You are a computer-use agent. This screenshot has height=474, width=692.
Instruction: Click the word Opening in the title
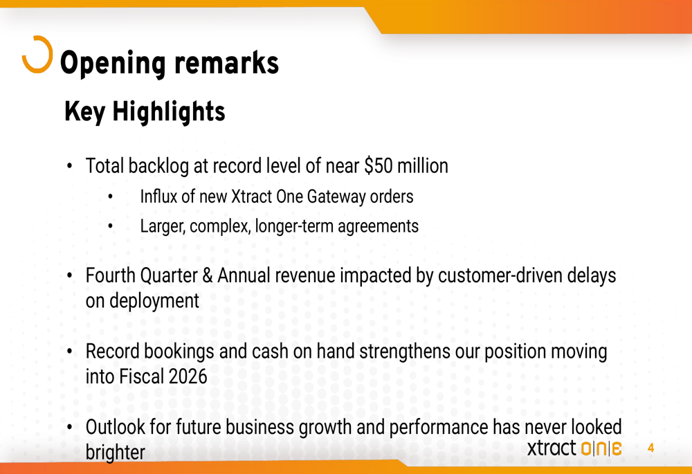pos(113,64)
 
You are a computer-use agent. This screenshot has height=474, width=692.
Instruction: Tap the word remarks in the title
pos(227,63)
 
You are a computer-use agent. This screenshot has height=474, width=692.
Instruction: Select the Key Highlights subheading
pos(145,111)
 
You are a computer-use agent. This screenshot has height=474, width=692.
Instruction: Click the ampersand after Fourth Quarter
pos(208,275)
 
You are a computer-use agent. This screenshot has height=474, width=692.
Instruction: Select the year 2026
pos(188,377)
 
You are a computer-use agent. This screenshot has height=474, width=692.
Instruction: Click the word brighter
pos(115,453)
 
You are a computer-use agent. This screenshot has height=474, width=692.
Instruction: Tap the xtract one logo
pos(574,448)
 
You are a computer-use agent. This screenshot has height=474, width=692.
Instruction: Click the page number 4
pos(650,448)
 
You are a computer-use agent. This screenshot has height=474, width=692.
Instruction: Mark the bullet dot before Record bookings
pos(69,352)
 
